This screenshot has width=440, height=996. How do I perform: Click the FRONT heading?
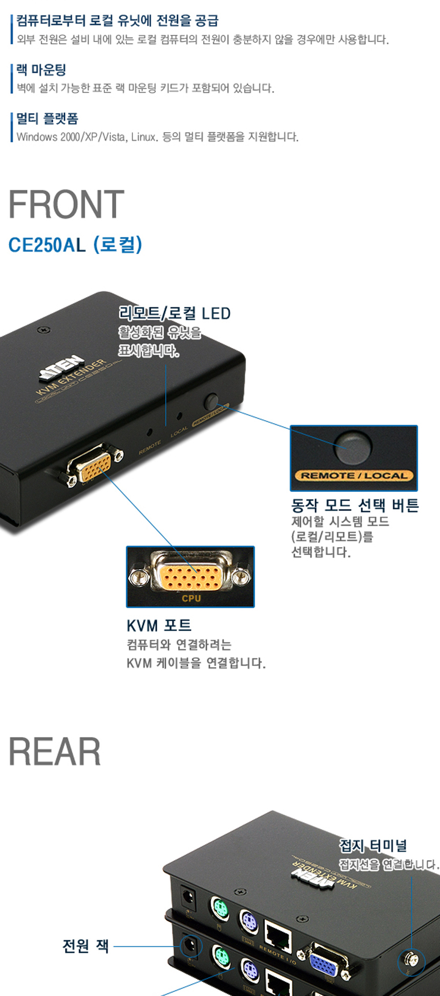(67, 204)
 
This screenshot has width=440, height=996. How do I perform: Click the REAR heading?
(55, 752)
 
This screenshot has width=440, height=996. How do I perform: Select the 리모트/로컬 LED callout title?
(174, 313)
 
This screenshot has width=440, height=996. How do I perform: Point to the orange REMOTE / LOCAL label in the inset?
(354, 475)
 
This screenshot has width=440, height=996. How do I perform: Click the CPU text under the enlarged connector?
(191, 598)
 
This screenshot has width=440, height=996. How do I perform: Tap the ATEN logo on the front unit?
(62, 367)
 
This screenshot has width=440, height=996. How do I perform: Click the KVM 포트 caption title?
(159, 625)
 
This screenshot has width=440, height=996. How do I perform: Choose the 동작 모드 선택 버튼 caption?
(355, 506)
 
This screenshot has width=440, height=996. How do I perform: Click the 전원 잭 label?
(85, 946)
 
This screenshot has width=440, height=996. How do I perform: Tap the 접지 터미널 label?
(373, 846)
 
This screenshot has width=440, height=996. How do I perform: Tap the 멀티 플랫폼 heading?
(47, 119)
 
